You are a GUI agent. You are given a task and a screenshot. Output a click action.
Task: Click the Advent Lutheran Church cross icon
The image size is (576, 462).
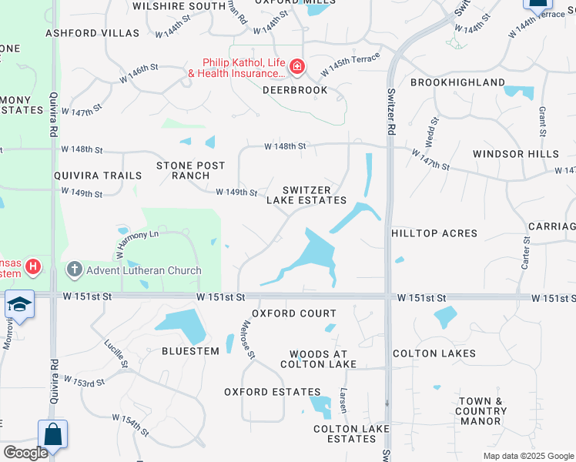pyautogui.click(x=74, y=269)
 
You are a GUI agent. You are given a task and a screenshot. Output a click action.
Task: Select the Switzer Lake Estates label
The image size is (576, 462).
pyautogui.click(x=306, y=195)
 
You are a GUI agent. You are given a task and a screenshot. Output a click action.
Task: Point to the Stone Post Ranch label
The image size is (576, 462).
pyautogui.click(x=191, y=170)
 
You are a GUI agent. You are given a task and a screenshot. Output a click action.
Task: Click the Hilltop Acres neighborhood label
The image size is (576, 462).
pyautogui.click(x=434, y=233)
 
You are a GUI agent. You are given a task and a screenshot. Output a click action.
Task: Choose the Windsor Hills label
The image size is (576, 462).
pyautogui.click(x=516, y=154)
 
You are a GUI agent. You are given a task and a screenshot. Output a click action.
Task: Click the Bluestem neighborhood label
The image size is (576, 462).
pyautogui.click(x=190, y=350)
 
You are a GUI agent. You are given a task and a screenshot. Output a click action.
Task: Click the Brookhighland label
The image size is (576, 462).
pyautogui.click(x=457, y=82)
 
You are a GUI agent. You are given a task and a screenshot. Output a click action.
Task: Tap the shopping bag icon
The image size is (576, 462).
pyautogui.click(x=52, y=434)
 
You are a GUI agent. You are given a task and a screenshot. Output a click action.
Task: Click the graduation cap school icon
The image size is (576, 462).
pyautogui.click(x=19, y=305)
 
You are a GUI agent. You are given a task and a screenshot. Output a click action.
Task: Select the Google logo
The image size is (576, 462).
pyautogui.click(x=25, y=453)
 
